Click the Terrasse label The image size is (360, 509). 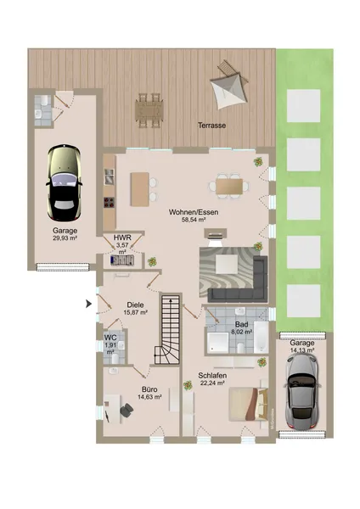pos(212,126)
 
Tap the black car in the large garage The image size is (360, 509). pos(64,182)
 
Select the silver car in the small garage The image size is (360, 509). pos(302,391)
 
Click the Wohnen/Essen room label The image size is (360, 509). pos(194,212)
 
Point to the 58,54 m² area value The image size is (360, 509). pos(194,220)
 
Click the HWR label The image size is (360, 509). pos(122,238)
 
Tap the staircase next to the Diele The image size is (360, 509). pos(168,329)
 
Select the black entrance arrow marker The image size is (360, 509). pos(88,305)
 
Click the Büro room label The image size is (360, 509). pos(149,389)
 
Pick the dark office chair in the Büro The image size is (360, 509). pos(127,411)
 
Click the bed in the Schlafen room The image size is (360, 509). pos(248,404)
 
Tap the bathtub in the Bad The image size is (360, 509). pos(261,338)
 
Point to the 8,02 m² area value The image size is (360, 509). pos(242,332)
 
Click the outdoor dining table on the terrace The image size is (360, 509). pos(149,110)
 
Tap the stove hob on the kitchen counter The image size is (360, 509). pos(110,202)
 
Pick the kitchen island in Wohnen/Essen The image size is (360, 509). pos(140,189)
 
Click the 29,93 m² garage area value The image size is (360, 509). pos(65,238)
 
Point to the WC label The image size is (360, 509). pos(110,338)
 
